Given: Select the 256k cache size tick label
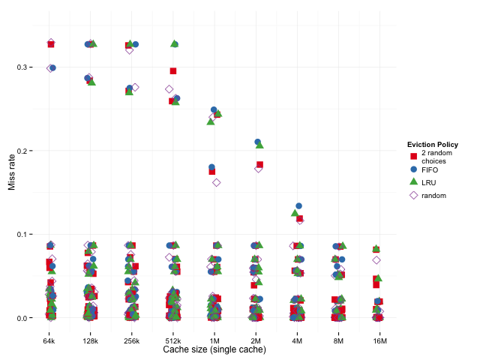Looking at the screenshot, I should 132,340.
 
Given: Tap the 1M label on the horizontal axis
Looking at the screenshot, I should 214,340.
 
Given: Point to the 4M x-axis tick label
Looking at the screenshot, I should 297,340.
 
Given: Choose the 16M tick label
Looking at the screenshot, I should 379,340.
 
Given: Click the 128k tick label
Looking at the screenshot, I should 91,340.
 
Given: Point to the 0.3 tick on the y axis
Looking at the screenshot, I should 29,67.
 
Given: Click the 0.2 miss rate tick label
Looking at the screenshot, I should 29,151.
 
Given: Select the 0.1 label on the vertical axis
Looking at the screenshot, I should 29,235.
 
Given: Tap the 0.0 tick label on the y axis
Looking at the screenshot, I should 29,318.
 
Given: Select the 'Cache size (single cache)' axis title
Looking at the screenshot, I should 214,350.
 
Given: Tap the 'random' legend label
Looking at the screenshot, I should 433,195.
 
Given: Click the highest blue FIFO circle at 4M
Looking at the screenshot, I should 299,205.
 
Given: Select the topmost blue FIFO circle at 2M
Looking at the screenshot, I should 258,142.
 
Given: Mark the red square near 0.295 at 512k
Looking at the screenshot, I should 173,71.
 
